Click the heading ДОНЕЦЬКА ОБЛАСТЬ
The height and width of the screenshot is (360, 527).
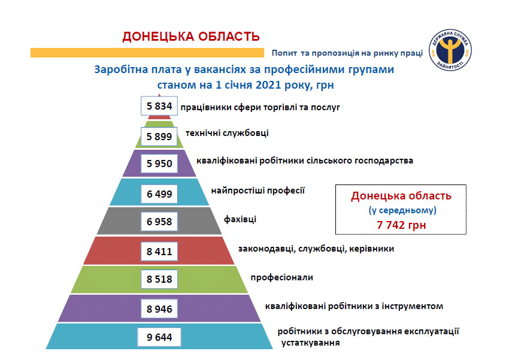pos(191,37)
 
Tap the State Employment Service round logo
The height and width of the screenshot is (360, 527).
pos(450,50)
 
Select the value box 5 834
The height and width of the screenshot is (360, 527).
pos(159,106)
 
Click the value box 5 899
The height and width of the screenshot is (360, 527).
pos(159,137)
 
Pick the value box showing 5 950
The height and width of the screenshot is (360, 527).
pos(159,164)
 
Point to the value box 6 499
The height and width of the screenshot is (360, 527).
pos(159,194)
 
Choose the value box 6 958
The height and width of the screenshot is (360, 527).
pos(159,222)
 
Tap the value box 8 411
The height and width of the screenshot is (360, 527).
pos(159,252)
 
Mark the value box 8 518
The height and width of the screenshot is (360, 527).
pos(159,279)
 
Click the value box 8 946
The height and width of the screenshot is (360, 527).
pos(159,309)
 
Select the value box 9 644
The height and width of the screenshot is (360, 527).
pos(159,337)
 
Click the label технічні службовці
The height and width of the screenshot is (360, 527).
pos(227,133)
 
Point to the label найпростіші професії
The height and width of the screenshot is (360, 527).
pos(258,191)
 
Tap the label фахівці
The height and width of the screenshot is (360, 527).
pos(240,219)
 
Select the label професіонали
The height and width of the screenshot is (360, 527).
pos(281,278)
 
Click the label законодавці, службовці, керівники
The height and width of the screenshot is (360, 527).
pos(316,249)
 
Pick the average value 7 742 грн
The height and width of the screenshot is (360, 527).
pos(401,225)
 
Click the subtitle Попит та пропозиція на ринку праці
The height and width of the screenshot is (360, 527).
pos(347,53)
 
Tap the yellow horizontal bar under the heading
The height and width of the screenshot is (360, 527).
pos(147,53)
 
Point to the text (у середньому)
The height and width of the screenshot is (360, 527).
pos(402,210)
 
